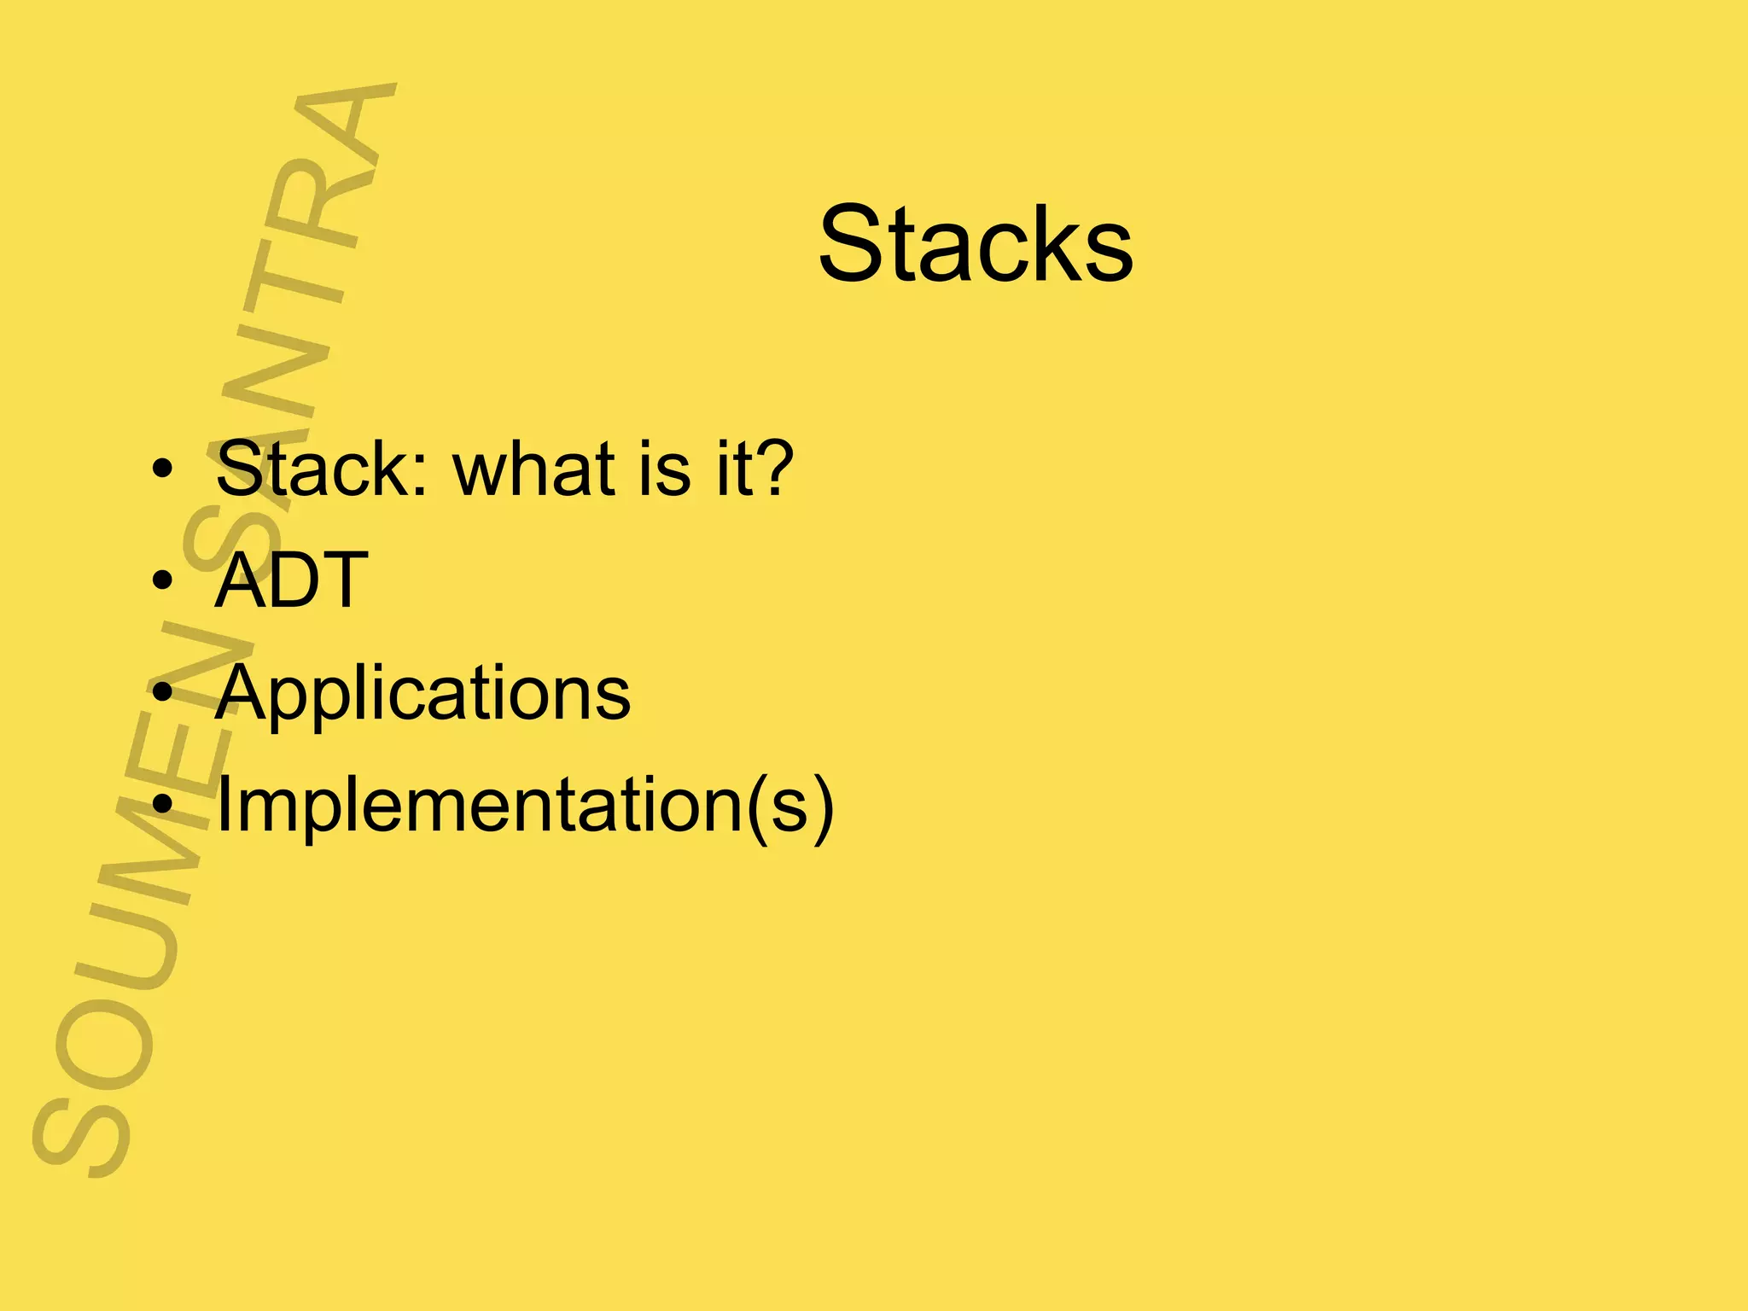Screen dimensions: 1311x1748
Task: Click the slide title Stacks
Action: tap(976, 244)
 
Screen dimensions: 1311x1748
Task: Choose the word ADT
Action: tap(291, 580)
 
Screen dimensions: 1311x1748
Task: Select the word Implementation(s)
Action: tap(524, 805)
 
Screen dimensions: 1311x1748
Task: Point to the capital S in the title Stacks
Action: tap(854, 244)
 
